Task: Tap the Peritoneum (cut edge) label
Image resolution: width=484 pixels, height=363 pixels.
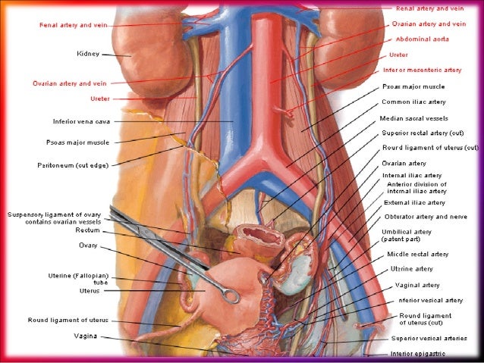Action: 73,164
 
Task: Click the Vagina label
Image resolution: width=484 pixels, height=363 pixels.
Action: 84,335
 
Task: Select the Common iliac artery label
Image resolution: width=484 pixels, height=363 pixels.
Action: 413,101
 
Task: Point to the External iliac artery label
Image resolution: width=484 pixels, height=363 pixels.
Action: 413,202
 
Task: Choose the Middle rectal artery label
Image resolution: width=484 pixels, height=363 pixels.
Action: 417,254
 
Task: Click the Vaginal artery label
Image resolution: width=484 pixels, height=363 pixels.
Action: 417,285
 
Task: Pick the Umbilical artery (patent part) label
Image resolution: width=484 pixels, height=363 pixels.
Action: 406,235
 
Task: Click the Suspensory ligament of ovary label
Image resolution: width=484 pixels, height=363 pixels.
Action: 58,214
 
